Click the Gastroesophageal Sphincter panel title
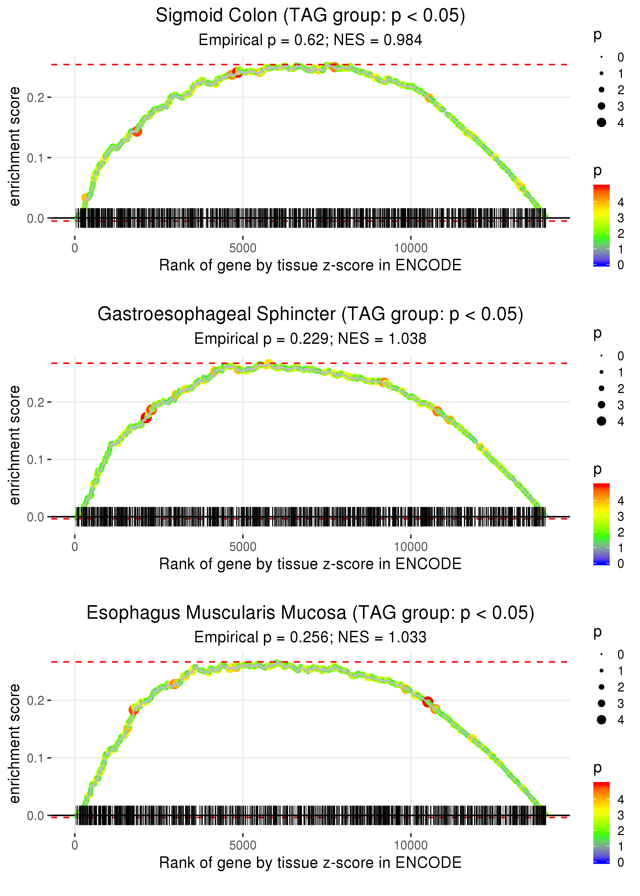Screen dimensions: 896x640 point(310,314)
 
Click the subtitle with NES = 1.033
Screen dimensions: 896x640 point(310,637)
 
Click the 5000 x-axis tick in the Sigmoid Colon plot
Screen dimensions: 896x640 point(243,248)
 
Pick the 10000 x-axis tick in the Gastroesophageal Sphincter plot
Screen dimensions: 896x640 point(411,547)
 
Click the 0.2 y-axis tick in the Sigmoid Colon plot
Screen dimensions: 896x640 point(36,97)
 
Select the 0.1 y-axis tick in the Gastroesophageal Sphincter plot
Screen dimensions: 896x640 point(36,460)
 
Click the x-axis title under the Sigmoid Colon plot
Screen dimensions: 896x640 point(310,265)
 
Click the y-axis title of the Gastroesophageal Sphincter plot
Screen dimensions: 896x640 point(15,445)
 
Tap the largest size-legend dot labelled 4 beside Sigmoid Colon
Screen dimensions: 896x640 point(601,123)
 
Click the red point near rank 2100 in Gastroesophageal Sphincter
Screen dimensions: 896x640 point(146,418)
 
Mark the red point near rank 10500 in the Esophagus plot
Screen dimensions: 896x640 point(428,702)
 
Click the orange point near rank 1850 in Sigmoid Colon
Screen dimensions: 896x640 point(137,132)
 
